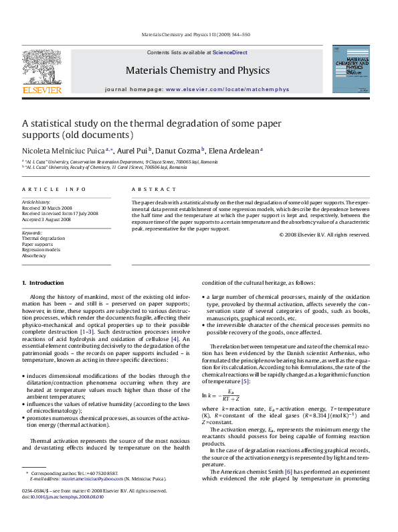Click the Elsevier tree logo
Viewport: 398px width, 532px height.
coord(42,68)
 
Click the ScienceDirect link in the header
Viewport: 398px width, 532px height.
coord(230,52)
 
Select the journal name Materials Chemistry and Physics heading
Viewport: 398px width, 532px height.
coord(197,70)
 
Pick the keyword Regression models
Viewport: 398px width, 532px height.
coord(41,249)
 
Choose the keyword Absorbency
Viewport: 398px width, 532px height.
coord(34,255)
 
